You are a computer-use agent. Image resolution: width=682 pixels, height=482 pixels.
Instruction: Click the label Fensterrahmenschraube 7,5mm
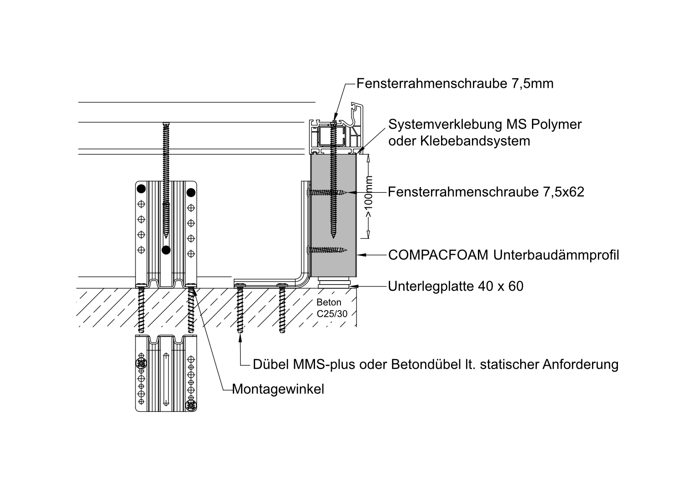click(455, 84)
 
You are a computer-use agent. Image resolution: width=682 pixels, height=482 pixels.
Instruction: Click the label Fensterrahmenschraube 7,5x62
click(486, 192)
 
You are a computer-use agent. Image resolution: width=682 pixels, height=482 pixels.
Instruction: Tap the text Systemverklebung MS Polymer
click(485, 124)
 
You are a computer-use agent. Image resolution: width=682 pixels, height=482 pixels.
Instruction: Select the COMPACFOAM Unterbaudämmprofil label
click(503, 255)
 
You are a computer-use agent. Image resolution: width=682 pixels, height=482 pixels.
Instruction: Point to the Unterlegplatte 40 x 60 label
click(456, 286)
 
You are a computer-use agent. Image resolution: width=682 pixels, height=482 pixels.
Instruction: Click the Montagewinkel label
click(278, 390)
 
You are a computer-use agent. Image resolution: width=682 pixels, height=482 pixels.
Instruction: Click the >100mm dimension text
click(369, 196)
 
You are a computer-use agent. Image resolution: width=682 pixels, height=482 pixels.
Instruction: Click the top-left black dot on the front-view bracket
click(141, 188)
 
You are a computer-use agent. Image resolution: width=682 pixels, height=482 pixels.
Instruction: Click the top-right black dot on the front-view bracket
click(191, 192)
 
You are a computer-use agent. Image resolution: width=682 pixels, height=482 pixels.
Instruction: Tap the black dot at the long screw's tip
click(166, 250)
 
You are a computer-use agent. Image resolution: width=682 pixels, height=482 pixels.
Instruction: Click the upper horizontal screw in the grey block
click(327, 193)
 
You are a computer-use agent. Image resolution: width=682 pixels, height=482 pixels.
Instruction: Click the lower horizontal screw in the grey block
click(327, 250)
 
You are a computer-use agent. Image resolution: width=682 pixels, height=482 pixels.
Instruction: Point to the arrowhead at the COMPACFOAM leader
click(361, 255)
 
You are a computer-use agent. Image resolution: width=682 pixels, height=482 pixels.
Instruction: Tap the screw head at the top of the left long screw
click(166, 124)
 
